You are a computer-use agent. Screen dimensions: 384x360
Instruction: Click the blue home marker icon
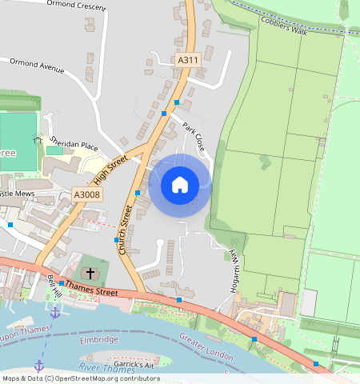180,185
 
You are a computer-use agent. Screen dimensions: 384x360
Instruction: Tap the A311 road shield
187,60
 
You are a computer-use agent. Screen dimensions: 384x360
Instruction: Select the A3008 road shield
86,194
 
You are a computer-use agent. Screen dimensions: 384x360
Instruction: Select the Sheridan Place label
72,146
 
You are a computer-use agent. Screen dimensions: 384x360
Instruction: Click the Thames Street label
91,289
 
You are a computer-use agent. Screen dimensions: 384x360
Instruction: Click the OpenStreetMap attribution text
80,378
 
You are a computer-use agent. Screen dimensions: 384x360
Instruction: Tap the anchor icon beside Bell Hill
54,313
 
